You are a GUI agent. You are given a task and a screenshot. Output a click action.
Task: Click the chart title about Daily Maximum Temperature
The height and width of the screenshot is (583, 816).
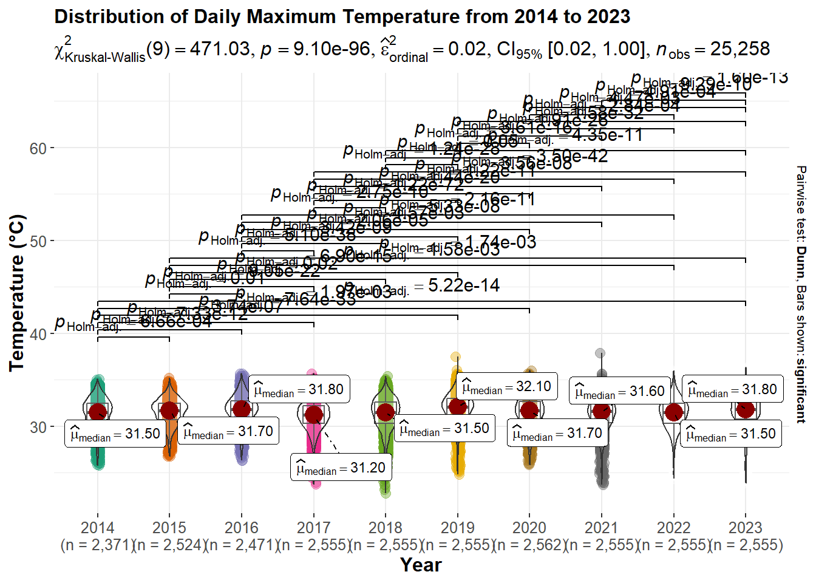pyautogui.click(x=342, y=17)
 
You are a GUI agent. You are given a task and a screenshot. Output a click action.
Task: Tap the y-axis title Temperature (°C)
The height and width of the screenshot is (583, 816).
pyautogui.click(x=17, y=293)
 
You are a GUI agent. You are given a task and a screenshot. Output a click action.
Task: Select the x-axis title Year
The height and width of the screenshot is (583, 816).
pyautogui.click(x=421, y=565)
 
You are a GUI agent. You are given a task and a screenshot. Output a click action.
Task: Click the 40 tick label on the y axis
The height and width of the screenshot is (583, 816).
pyautogui.click(x=38, y=335)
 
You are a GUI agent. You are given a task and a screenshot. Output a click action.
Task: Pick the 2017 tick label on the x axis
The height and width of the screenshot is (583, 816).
pyautogui.click(x=313, y=528)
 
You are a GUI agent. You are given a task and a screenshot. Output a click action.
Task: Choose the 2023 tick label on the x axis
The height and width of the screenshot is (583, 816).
pyautogui.click(x=745, y=528)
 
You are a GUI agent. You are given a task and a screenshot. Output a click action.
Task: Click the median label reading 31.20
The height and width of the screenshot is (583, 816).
pyautogui.click(x=341, y=468)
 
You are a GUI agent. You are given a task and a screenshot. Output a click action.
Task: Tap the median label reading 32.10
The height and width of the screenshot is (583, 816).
pyautogui.click(x=506, y=387)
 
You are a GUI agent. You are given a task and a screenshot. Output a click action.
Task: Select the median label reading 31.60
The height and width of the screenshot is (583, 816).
pyautogui.click(x=619, y=391)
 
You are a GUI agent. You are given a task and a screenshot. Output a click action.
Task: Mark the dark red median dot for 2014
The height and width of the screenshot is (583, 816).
pyautogui.click(x=98, y=412)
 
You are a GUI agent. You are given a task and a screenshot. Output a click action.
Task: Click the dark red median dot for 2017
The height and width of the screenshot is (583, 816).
pyautogui.click(x=313, y=415)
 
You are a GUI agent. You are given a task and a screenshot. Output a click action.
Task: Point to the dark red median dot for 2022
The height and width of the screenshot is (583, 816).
pyautogui.click(x=673, y=412)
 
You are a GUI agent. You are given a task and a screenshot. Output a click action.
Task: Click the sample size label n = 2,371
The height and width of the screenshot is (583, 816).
pyautogui.click(x=97, y=545)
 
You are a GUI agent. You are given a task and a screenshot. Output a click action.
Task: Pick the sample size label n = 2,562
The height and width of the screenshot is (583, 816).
pyautogui.click(x=529, y=545)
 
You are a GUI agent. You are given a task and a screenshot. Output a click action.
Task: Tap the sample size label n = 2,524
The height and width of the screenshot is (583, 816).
pyautogui.click(x=169, y=545)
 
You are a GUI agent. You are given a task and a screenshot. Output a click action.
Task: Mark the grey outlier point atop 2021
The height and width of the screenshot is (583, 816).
pyautogui.click(x=600, y=353)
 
